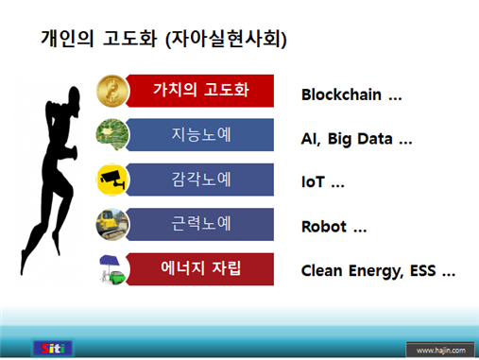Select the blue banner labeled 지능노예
click(203, 134)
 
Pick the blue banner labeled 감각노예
click(203, 179)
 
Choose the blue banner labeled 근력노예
click(203, 224)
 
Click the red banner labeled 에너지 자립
click(203, 268)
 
